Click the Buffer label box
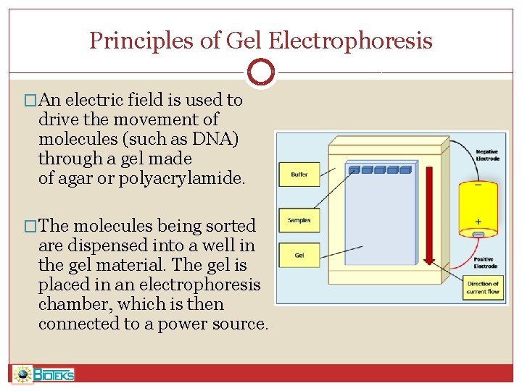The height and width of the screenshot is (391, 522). pos(299,175)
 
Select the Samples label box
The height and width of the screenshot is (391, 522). pos(299,220)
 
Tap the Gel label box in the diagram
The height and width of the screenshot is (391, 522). pos(299,255)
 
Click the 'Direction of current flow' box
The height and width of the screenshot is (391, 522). pos(482,287)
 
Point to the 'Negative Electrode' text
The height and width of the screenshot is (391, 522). pos(487,155)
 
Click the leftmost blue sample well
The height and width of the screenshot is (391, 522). pos(355,170)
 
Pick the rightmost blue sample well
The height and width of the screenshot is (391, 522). pos(405,170)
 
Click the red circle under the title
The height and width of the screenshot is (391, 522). pos(260,72)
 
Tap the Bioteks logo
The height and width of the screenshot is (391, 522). pos(44,374)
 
